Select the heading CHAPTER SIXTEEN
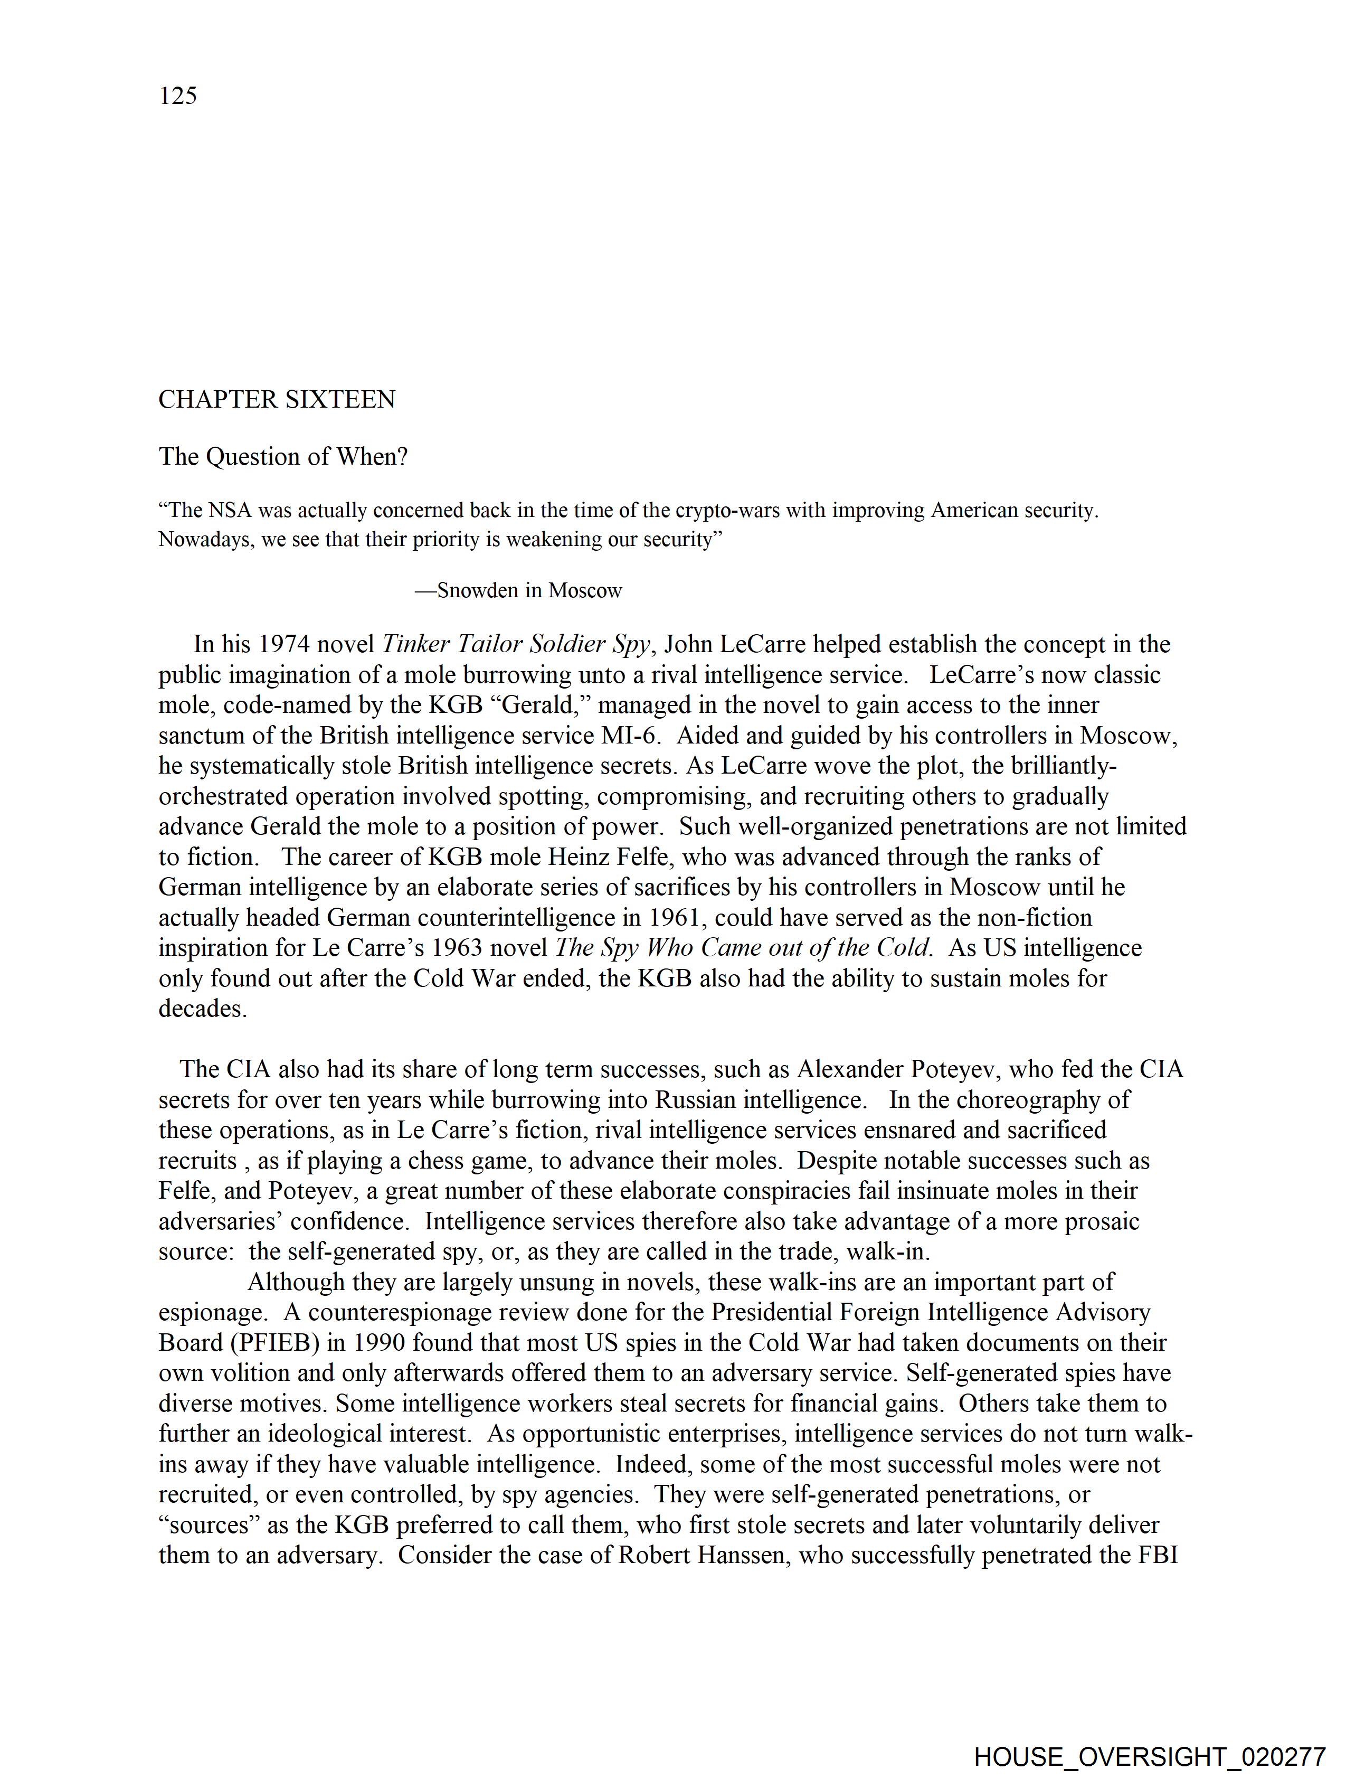pos(277,400)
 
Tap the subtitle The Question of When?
pos(283,457)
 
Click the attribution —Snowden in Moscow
pos(519,591)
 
